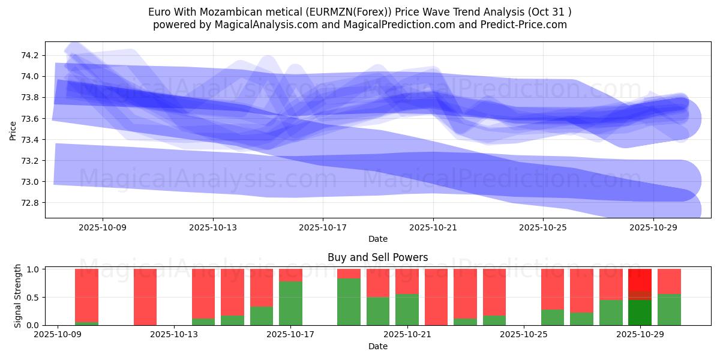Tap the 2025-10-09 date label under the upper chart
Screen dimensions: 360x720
(103, 227)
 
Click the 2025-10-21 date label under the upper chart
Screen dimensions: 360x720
(433, 227)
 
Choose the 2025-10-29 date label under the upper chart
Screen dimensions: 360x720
(653, 227)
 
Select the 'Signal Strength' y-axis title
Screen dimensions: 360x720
(18, 296)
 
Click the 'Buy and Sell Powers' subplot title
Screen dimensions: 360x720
(377, 257)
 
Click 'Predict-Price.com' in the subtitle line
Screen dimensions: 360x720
(521, 25)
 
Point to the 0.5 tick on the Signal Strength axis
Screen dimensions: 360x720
(34, 298)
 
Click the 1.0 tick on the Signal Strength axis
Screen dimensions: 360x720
(34, 269)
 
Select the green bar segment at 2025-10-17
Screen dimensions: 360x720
(290, 304)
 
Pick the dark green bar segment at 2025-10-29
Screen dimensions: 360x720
(640, 313)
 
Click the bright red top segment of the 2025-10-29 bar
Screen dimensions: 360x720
(640, 280)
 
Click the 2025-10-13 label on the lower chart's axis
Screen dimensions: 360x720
(174, 335)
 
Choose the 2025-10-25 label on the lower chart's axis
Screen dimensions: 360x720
(524, 335)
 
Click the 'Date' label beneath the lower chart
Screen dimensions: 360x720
(377, 346)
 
